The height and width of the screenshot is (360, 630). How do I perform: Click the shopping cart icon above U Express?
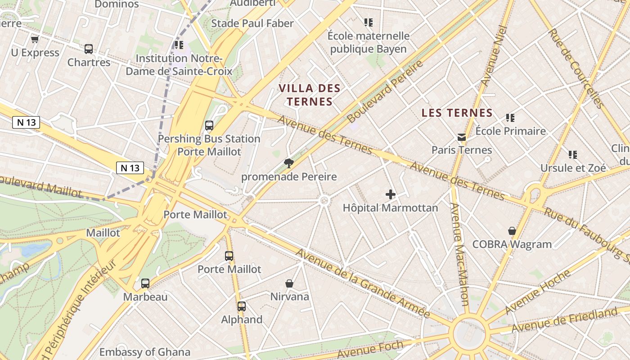coord(35,40)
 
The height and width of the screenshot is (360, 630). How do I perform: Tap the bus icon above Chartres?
coord(89,49)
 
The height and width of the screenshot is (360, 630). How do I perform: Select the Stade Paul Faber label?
coord(252,23)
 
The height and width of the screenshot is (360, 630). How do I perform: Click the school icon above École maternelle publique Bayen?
coord(369,22)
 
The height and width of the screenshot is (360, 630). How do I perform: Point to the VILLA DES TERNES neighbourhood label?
coord(310,94)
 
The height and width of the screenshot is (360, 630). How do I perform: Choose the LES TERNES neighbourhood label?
coord(457,113)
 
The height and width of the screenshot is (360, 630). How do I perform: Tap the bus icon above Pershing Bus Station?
coord(209,126)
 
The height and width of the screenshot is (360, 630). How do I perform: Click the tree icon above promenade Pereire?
coord(288,163)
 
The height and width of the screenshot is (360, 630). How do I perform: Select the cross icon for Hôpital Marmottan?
coord(391,194)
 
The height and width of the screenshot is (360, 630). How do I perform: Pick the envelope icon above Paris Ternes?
coord(462,137)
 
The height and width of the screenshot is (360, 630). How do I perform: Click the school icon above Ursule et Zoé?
coord(573,155)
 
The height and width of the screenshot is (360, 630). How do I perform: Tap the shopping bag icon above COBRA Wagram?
coord(512,231)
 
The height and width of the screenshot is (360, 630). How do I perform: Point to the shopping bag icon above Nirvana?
coord(289,283)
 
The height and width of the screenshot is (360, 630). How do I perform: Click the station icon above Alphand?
coord(242,306)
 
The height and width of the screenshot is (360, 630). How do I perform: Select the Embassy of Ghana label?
coord(145,352)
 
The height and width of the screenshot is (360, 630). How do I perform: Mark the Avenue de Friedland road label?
coord(564,320)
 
